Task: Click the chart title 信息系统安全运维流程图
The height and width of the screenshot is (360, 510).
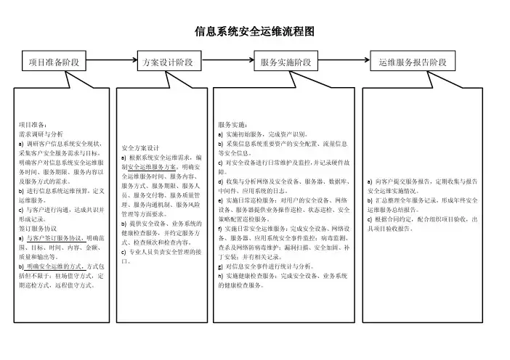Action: [254, 32]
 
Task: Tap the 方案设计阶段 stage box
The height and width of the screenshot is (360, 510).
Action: [169, 63]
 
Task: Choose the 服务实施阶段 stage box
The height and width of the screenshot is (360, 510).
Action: [286, 63]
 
